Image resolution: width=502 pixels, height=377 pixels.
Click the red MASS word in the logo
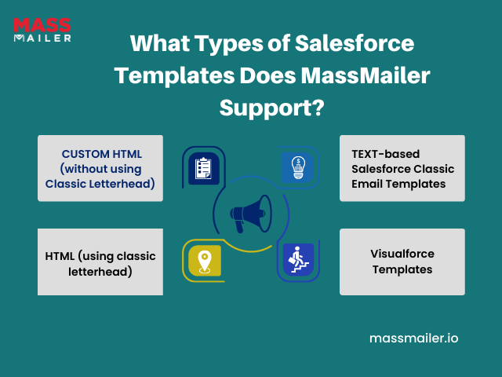[x=42, y=25]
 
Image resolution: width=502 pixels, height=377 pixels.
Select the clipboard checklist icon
[x=204, y=168]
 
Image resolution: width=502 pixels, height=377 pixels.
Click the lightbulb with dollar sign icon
[x=297, y=167]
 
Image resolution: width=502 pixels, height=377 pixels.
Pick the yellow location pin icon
[x=205, y=261]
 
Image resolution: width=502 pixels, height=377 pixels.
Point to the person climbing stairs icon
[x=298, y=260]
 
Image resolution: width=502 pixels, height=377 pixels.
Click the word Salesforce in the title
[x=355, y=43]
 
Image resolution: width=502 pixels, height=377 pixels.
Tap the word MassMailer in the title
[x=366, y=75]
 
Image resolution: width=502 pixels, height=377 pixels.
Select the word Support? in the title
[x=272, y=108]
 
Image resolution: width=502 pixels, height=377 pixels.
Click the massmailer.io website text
[x=413, y=339]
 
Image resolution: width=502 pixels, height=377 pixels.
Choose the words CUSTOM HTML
[x=102, y=154]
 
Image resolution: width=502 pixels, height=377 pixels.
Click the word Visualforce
[x=402, y=254]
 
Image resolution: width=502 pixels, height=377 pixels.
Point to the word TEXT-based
[x=385, y=154]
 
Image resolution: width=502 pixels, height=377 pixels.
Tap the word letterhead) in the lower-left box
[x=100, y=272]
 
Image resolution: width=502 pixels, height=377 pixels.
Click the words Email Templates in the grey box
[x=398, y=184]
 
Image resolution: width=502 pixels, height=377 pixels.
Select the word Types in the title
[x=228, y=44]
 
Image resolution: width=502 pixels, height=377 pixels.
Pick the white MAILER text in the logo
[x=42, y=38]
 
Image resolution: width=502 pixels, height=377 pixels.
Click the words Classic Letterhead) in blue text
[x=100, y=184]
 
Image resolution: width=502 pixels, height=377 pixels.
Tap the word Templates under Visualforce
[x=402, y=269]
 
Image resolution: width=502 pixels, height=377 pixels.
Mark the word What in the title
[x=160, y=43]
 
